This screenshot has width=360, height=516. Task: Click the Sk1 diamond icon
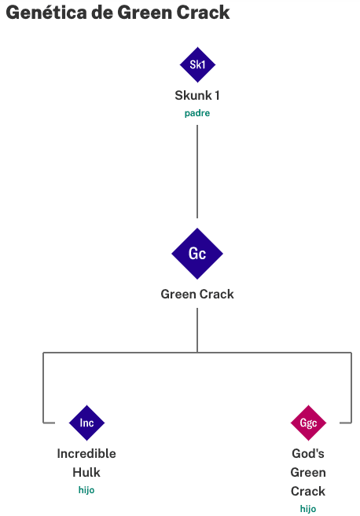pyautogui.click(x=197, y=64)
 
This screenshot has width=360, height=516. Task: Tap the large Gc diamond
pyautogui.click(x=197, y=254)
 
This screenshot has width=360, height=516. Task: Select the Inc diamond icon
pyautogui.click(x=86, y=423)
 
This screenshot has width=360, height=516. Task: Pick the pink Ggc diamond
pyautogui.click(x=308, y=423)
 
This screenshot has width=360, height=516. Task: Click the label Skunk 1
pyautogui.click(x=197, y=96)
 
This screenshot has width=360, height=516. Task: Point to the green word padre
pyautogui.click(x=197, y=114)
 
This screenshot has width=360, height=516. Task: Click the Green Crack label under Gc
pyautogui.click(x=197, y=295)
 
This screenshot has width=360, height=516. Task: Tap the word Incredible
pyautogui.click(x=86, y=453)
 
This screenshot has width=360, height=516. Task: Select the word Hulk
pyautogui.click(x=86, y=472)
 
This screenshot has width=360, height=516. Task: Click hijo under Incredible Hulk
pyautogui.click(x=86, y=490)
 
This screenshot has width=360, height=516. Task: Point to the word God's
pyautogui.click(x=308, y=453)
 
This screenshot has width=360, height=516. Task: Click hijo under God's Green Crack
pyautogui.click(x=308, y=509)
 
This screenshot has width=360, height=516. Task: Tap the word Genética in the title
pyautogui.click(x=46, y=13)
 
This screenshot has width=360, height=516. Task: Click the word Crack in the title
pyautogui.click(x=203, y=13)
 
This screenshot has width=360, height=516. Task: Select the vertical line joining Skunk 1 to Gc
pyautogui.click(x=197, y=171)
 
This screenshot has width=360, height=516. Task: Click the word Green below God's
pyautogui.click(x=308, y=473)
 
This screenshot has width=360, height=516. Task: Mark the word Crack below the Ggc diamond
pyautogui.click(x=308, y=492)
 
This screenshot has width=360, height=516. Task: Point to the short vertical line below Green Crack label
pyautogui.click(x=197, y=330)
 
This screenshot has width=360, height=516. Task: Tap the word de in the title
pyautogui.click(x=101, y=13)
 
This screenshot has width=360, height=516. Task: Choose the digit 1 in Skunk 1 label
pyautogui.click(x=217, y=96)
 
